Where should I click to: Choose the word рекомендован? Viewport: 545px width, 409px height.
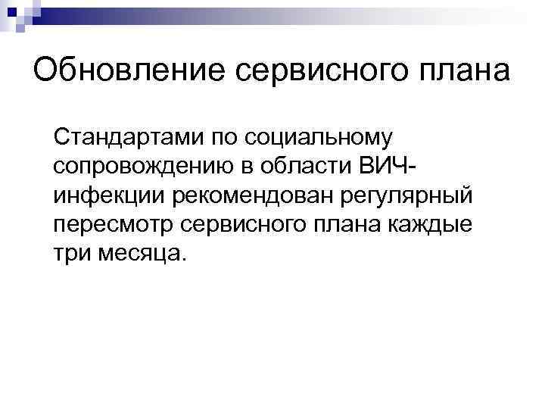pos(248,195)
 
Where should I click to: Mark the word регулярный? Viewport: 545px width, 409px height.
pos(406,195)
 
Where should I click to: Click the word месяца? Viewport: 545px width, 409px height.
pos(139,253)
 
